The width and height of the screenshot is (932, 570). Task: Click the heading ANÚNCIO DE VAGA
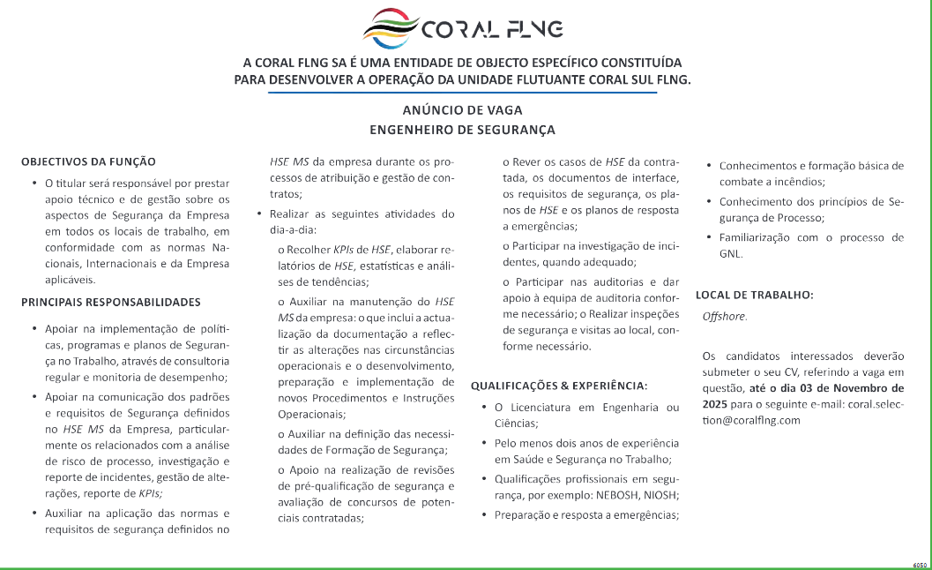click(x=462, y=110)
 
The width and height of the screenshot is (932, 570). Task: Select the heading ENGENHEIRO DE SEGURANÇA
click(x=462, y=130)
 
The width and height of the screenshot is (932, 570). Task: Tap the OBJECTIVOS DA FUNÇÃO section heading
click(x=88, y=161)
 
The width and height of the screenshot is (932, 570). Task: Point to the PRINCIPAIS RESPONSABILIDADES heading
click(x=111, y=302)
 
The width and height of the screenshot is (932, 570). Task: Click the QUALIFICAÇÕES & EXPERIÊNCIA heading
click(x=559, y=386)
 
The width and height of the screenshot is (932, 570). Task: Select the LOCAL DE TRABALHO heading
click(x=754, y=295)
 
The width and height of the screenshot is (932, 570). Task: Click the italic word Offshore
click(x=724, y=316)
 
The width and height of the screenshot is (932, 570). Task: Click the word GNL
click(x=730, y=253)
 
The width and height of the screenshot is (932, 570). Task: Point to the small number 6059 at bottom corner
click(x=921, y=563)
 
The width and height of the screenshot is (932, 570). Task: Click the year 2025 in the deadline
click(x=715, y=403)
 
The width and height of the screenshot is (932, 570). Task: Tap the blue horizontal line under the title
click(x=462, y=92)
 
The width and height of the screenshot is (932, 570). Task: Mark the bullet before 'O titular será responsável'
click(x=34, y=184)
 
